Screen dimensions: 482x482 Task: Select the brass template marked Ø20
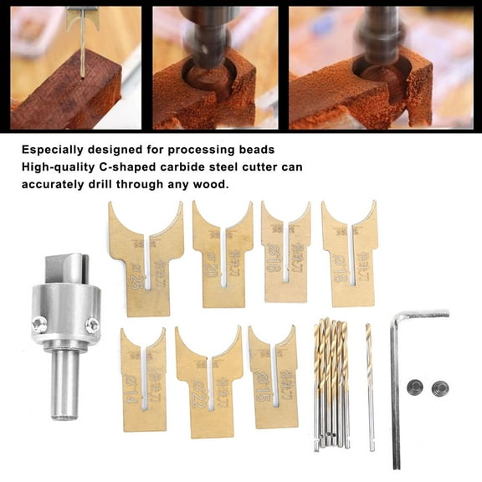pyautogui.click(x=222, y=255)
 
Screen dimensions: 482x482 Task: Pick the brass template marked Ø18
pyautogui.click(x=349, y=255)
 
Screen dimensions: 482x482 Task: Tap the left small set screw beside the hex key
pyautogui.click(x=413, y=387)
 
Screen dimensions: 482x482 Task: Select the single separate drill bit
pyautogui.click(x=369, y=385)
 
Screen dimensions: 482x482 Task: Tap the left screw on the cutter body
pyautogui.click(x=38, y=325)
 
